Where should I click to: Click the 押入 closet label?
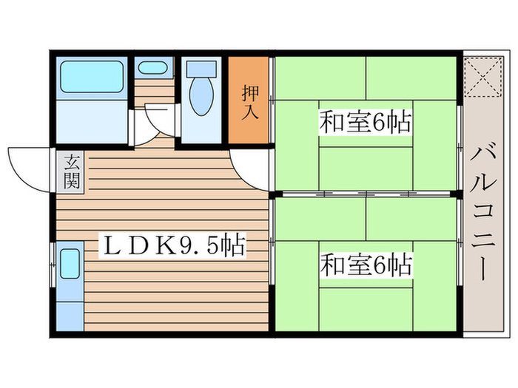(249, 103)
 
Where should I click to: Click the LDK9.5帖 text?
(174, 246)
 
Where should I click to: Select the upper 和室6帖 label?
(366, 122)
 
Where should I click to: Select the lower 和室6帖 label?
(366, 264)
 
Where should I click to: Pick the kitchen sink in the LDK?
(71, 263)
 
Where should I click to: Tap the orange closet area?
(249, 118)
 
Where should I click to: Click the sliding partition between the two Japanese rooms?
(366, 194)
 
